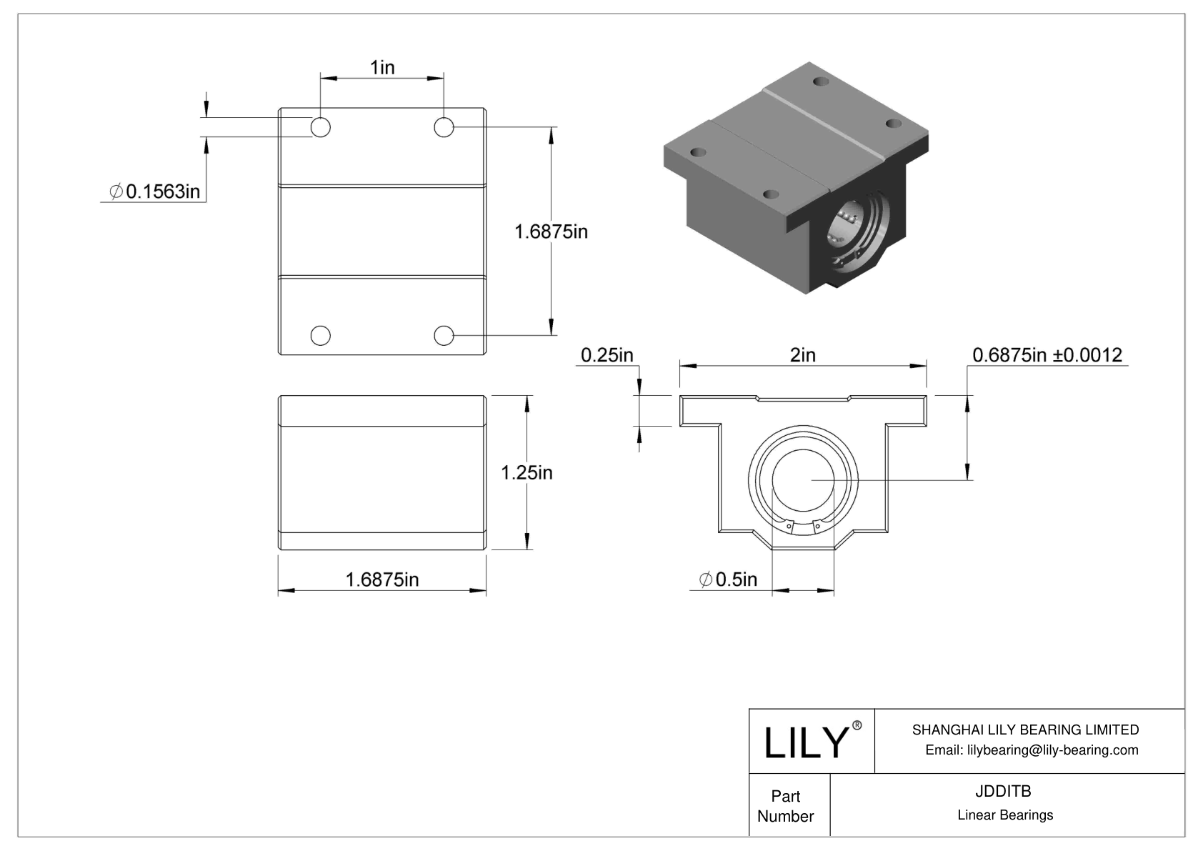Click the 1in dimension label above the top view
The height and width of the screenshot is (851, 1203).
[382, 67]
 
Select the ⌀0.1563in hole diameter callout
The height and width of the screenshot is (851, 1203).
[154, 191]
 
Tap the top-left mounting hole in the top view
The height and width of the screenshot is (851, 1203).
[320, 128]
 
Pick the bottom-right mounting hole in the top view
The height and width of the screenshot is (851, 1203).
[444, 334]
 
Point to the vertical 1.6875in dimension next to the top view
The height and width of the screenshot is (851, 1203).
[551, 232]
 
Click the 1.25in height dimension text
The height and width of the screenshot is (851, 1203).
[526, 472]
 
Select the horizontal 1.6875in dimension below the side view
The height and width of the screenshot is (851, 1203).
[382, 579]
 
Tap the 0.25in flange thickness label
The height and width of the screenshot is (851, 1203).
[607, 355]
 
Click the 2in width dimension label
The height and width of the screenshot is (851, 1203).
[802, 355]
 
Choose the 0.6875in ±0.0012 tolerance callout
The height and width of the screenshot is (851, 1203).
[1047, 355]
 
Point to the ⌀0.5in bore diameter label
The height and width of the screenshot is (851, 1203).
[728, 579]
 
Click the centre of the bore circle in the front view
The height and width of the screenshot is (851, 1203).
[803, 480]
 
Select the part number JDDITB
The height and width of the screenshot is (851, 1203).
[1003, 791]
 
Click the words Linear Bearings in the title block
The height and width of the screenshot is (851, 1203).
[1004, 815]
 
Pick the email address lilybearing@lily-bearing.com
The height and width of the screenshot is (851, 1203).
[1032, 750]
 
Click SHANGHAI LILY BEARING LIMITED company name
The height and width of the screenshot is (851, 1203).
[1025, 730]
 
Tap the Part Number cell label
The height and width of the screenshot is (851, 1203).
[785, 806]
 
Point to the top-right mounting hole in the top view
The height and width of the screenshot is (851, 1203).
[444, 128]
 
